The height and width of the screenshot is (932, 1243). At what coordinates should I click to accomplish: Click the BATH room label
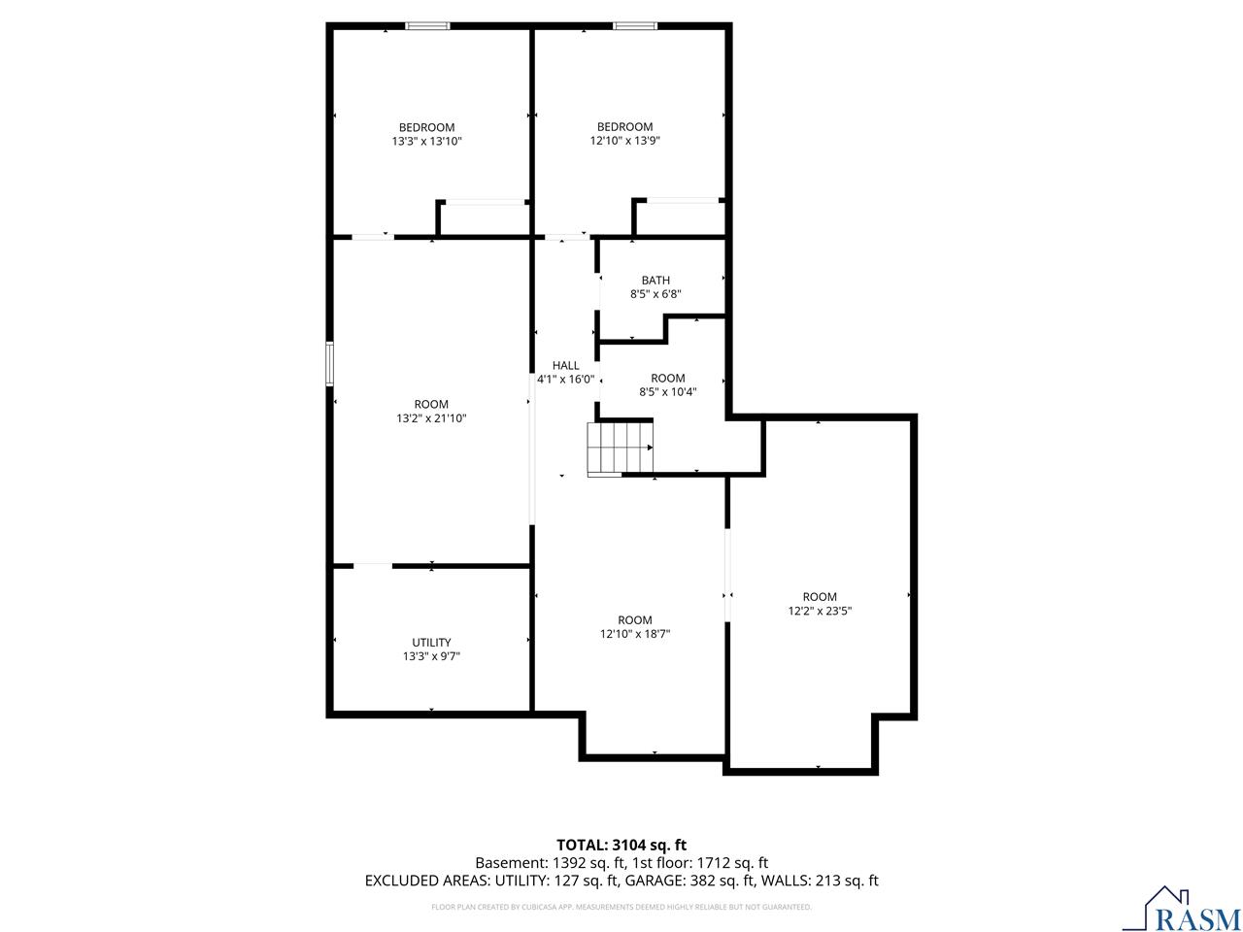click(655, 281)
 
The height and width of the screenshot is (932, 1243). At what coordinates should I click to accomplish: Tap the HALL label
click(565, 366)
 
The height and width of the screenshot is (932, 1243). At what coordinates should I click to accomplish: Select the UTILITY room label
click(431, 643)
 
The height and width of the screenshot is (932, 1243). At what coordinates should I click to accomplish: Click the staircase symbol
click(620, 447)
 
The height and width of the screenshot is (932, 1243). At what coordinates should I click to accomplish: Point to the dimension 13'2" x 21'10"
click(431, 418)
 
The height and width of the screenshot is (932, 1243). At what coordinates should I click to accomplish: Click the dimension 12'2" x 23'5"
click(820, 611)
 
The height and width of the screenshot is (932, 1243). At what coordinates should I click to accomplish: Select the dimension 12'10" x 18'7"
click(635, 634)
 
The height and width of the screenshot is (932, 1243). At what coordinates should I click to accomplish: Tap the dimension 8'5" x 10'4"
click(668, 391)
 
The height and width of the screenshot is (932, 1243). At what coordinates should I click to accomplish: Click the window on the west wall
click(329, 364)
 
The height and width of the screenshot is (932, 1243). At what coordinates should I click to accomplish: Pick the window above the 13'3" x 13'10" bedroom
click(427, 25)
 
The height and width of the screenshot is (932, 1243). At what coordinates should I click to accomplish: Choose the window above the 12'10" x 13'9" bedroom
click(635, 25)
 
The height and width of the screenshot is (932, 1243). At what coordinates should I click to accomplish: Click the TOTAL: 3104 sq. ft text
click(621, 845)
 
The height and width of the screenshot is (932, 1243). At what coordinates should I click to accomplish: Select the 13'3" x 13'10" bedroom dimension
click(426, 141)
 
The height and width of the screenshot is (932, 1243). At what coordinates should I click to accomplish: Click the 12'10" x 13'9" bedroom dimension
click(624, 141)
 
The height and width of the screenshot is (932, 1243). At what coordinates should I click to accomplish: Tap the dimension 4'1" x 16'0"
click(565, 380)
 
